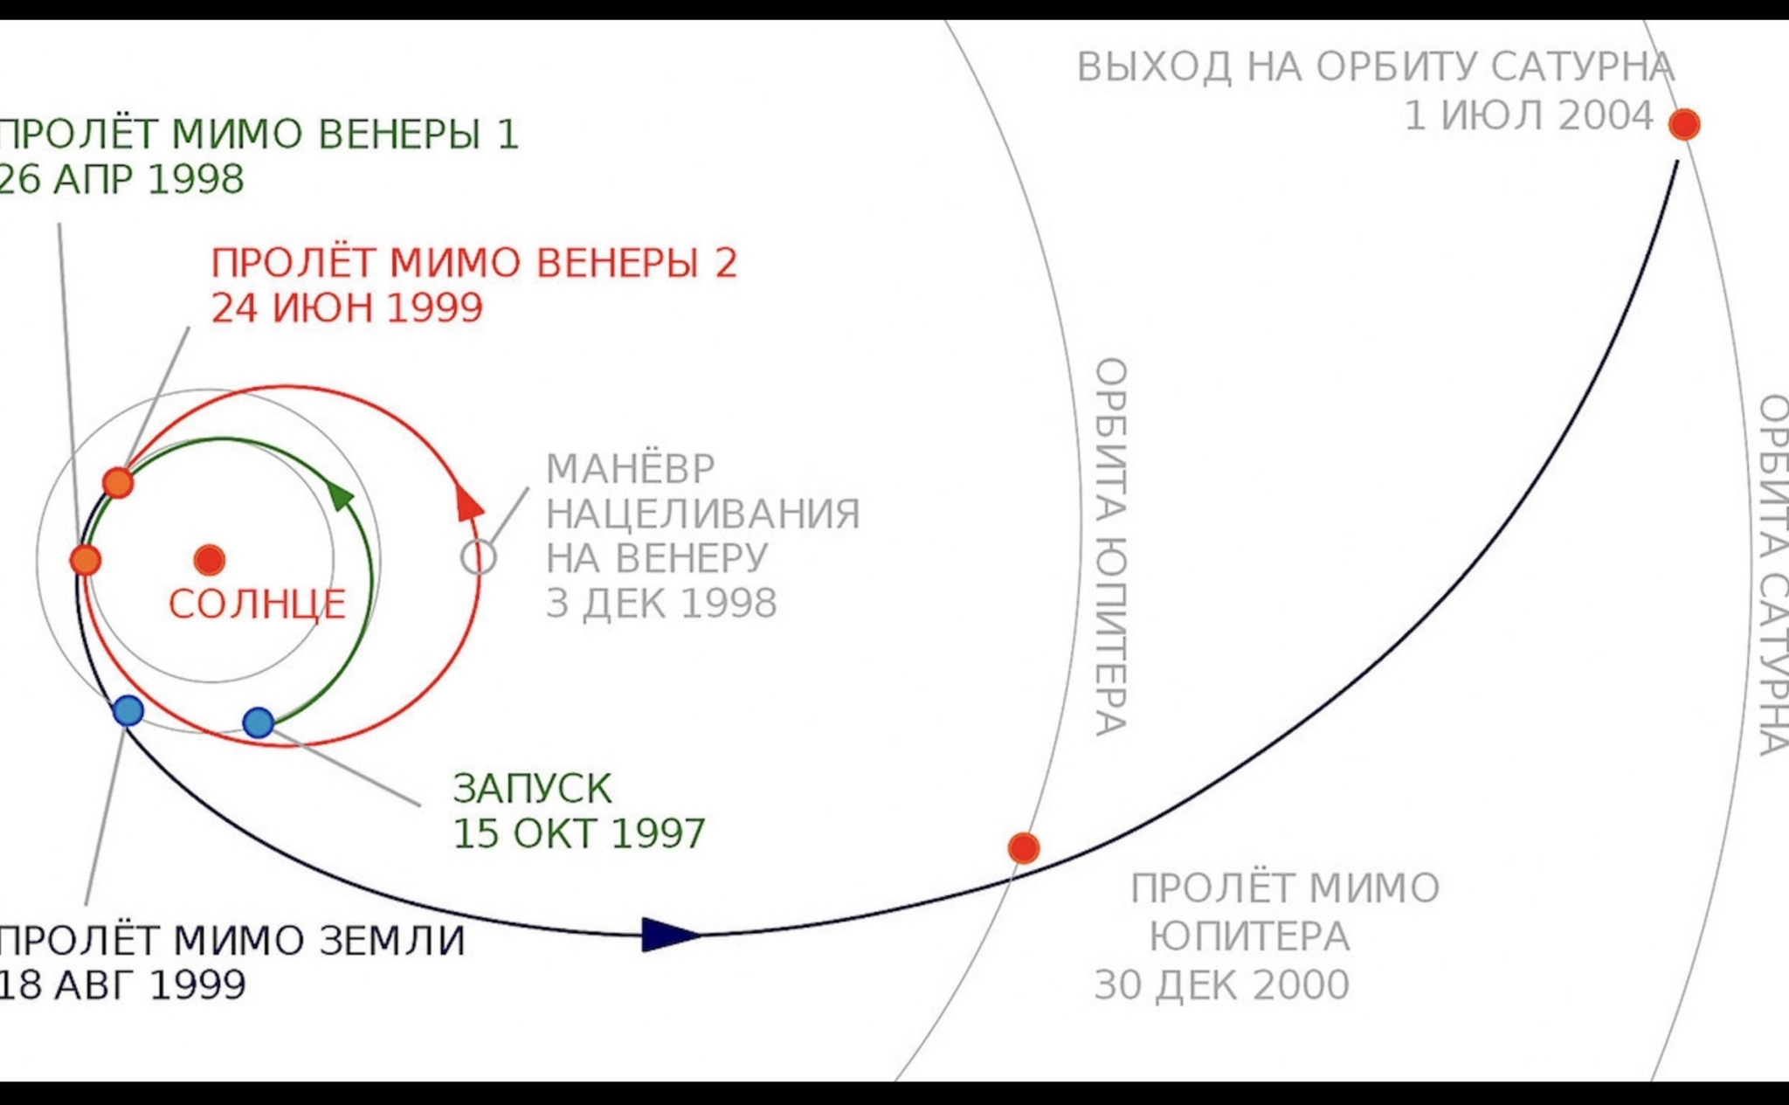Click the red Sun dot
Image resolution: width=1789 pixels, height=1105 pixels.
[x=210, y=560]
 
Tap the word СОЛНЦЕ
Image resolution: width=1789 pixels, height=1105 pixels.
[x=257, y=604]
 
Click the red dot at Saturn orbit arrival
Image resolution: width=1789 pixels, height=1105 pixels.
[x=1683, y=124]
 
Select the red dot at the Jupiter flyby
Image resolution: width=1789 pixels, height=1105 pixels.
[x=1023, y=847]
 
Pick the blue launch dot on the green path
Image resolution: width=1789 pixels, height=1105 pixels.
[x=258, y=722]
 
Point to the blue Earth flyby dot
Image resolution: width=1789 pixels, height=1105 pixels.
[x=128, y=711]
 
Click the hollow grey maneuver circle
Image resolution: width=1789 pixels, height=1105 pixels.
[x=478, y=557]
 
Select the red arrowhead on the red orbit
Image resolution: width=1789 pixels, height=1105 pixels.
[x=469, y=507]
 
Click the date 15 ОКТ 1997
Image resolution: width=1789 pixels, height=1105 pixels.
[x=578, y=833]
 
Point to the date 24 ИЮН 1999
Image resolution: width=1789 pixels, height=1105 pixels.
[x=347, y=307]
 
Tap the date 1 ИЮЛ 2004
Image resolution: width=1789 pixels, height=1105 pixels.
[x=1528, y=116]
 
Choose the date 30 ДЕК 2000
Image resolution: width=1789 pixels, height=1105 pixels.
[x=1221, y=985]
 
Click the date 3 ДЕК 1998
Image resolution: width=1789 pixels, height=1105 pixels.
[x=661, y=604]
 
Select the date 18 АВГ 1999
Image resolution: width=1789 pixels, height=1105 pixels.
[x=122, y=985]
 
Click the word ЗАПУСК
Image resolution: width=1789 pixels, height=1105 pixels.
[x=532, y=789]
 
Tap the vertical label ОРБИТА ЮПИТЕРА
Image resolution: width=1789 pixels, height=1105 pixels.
[x=1110, y=546]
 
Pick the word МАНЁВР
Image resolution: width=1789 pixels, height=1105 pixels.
[x=631, y=469]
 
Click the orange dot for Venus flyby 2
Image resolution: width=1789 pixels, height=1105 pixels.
[x=118, y=482]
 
